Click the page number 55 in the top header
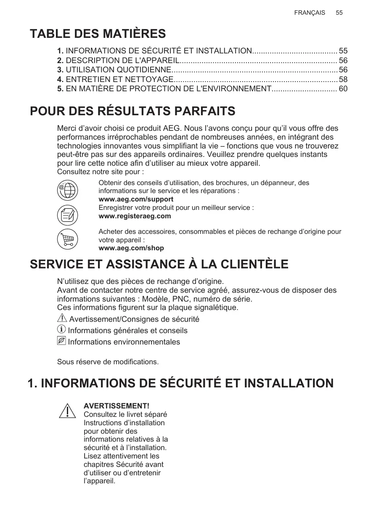pyautogui.click(x=339, y=13)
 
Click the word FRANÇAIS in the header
pyautogui.click(x=310, y=13)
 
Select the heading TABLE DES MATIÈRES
pyautogui.click(x=98, y=34)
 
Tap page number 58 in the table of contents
pyautogui.click(x=343, y=79)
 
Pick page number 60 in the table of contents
pyautogui.click(x=343, y=89)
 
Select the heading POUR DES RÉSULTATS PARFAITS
pyautogui.click(x=132, y=111)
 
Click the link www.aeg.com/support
pyautogui.click(x=135, y=199)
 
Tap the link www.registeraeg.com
pyautogui.click(x=135, y=216)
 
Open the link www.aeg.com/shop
pyautogui.click(x=131, y=248)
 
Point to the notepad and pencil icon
pyautogui.click(x=67, y=215)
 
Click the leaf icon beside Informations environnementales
pyautogui.click(x=61, y=342)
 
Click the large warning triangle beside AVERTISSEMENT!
pyautogui.click(x=67, y=411)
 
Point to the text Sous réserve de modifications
pyautogui.click(x=108, y=362)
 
